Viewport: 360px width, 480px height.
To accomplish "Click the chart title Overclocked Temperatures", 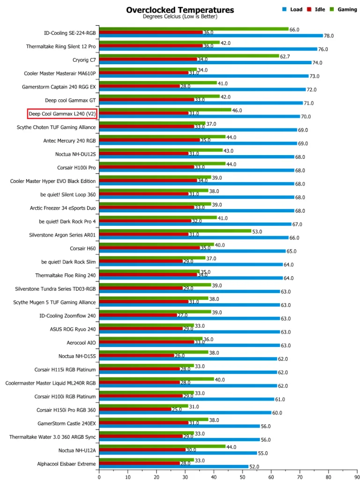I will pyautogui.click(x=180, y=10).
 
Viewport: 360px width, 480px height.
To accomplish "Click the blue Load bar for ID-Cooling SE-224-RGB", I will pyautogui.click(x=211, y=36).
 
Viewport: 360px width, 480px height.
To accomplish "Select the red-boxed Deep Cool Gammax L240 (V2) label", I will pyautogui.click(x=62, y=113).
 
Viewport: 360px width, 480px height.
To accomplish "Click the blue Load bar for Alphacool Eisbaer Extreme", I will pyautogui.click(x=173, y=467).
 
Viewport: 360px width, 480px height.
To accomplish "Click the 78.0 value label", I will pyautogui.click(x=330, y=36).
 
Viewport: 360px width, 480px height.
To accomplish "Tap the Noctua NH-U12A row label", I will pyautogui.click(x=77, y=450).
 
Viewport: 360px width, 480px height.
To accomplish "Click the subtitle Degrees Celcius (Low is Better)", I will pyautogui.click(x=180, y=16).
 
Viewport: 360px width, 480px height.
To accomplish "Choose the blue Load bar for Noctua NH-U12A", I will pyautogui.click(x=178, y=453).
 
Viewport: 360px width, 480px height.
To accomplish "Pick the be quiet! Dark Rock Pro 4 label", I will pyautogui.click(x=67, y=221).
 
